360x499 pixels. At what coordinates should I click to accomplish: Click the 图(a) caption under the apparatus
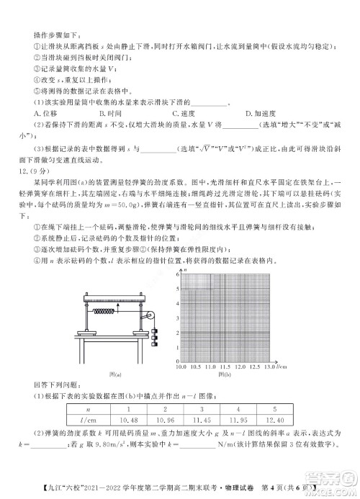pos(114,374)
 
